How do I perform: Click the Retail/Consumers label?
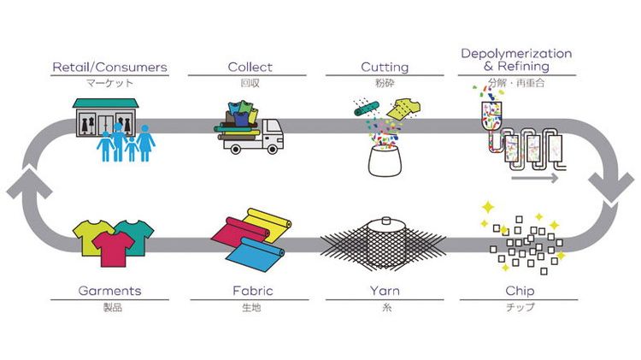[109, 67]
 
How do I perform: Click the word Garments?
[109, 291]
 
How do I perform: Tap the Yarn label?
[385, 291]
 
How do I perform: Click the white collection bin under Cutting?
[383, 162]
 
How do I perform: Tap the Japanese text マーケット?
[109, 84]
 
